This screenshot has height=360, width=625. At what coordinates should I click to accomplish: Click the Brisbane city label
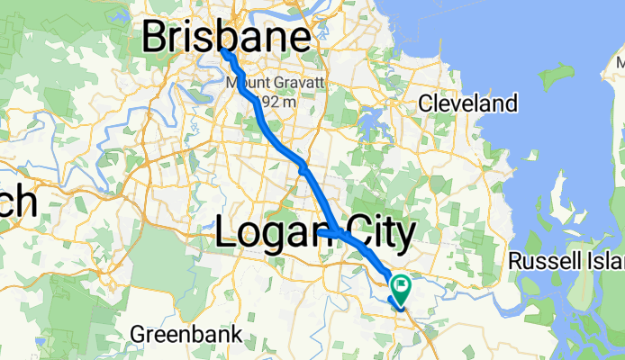coord(230,39)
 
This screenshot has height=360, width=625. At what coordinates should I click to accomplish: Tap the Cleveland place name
coord(468,103)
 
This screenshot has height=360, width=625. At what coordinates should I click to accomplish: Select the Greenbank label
coord(186,335)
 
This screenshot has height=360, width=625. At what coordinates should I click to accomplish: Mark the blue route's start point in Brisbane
coord(223,52)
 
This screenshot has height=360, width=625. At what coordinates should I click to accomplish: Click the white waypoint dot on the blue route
coord(304,167)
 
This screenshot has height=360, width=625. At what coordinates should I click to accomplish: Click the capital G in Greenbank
coord(138,335)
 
